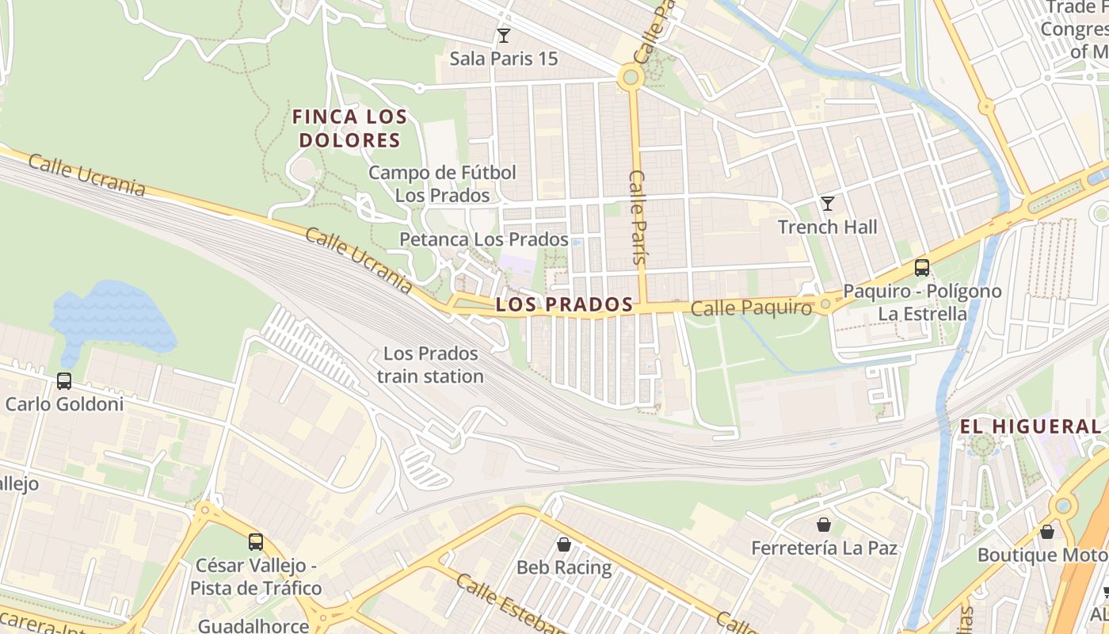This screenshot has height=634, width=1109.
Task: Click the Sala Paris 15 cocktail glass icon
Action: pyautogui.click(x=503, y=36)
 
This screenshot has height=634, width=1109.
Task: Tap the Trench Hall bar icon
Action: pyautogui.click(x=828, y=204)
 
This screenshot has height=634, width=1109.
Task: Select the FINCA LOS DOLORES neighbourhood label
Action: pyautogui.click(x=349, y=128)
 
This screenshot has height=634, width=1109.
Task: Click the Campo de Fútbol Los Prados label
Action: pyautogui.click(x=442, y=183)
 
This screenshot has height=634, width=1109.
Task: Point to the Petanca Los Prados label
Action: pyautogui.click(x=483, y=239)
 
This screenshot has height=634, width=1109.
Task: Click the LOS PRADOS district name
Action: pyautogui.click(x=564, y=304)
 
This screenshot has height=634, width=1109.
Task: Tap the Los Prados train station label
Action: pyautogui.click(x=430, y=365)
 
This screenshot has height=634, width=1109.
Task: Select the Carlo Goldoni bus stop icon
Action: pyautogui.click(x=64, y=381)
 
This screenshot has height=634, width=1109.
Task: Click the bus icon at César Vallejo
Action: pyautogui.click(x=256, y=542)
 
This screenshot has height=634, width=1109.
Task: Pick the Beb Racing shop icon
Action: pyautogui.click(x=564, y=544)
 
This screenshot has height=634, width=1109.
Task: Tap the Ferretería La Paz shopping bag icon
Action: pyautogui.click(x=824, y=525)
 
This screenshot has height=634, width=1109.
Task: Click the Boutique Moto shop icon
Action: pyautogui.click(x=1047, y=532)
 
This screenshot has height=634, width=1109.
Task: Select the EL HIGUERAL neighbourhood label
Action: pyautogui.click(x=1030, y=426)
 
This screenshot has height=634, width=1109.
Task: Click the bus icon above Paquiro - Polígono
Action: pyautogui.click(x=921, y=268)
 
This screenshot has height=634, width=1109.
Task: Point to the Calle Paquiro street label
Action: pyautogui.click(x=751, y=308)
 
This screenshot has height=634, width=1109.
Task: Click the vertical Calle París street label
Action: pyautogui.click(x=638, y=216)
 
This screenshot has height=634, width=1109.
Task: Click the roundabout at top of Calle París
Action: pyautogui.click(x=631, y=77)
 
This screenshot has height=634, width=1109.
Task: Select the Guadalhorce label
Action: pyautogui.click(x=253, y=625)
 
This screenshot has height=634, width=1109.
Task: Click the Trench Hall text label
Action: pyautogui.click(x=827, y=227)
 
